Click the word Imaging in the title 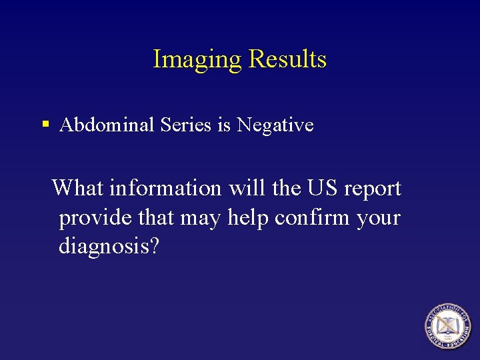point(197,59)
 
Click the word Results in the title point(287,59)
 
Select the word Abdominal point(107,125)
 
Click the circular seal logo point(448,325)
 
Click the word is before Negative point(223,125)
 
